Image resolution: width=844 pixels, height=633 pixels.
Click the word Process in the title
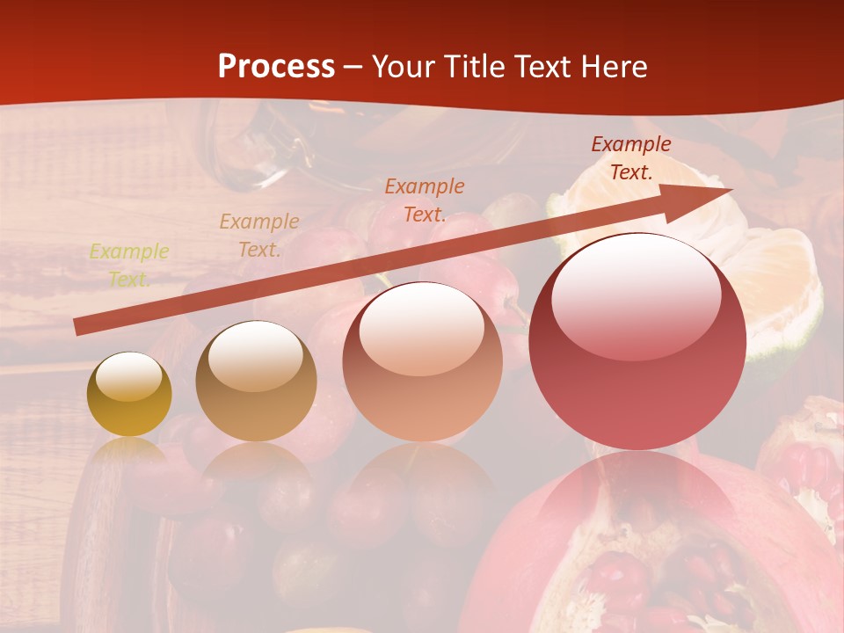click(276, 67)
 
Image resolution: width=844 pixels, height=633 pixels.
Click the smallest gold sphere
click(129, 395)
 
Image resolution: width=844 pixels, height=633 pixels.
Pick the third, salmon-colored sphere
click(422, 361)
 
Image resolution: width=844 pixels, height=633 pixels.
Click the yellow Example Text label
click(129, 266)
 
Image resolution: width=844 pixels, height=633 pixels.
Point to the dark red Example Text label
click(630, 158)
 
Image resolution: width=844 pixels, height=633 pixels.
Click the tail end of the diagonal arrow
click(78, 327)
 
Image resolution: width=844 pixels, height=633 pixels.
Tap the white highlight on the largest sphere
click(636, 295)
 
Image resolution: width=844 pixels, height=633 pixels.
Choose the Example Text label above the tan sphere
click(259, 236)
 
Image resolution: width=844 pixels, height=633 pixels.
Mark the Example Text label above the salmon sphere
click(425, 200)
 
